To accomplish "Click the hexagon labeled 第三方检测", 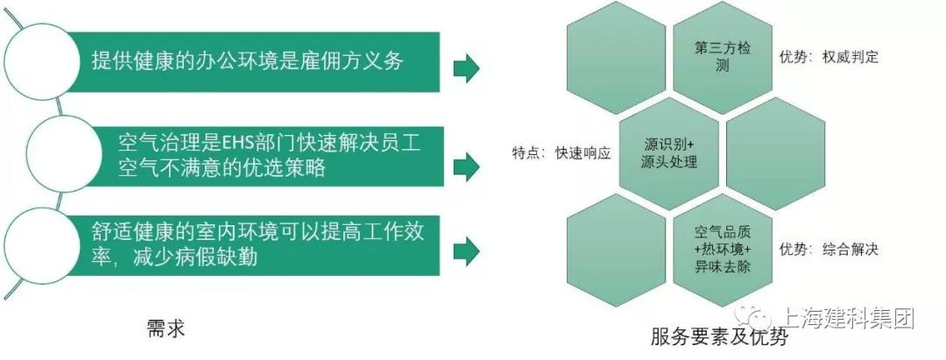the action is (x=722, y=57).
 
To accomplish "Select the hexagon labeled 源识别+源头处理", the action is (x=669, y=154).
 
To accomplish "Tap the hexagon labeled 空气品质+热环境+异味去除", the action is (x=722, y=250).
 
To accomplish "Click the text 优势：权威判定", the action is (x=829, y=57).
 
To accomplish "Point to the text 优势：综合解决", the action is (x=829, y=249).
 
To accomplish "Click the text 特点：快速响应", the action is (x=561, y=153).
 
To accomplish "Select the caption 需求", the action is (x=166, y=329).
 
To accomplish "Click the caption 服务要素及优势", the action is (x=719, y=335).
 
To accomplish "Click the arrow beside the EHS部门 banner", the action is (x=466, y=166).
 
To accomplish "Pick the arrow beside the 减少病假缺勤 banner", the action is (x=466, y=251).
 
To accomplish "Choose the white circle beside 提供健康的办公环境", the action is (x=42, y=61).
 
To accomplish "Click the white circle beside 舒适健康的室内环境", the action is (x=42, y=245).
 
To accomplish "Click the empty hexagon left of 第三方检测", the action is (x=616, y=57).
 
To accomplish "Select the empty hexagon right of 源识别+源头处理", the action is (x=775, y=154).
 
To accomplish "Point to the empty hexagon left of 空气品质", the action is (x=616, y=250).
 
